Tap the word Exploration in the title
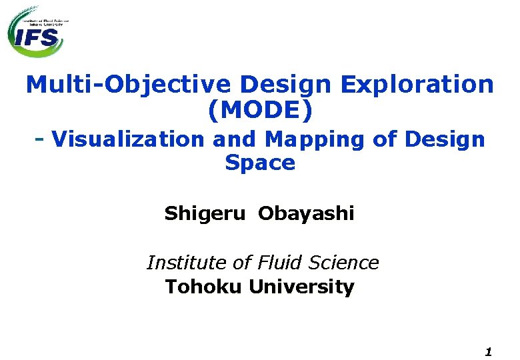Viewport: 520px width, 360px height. [417, 85]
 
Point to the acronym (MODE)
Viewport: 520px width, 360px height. [259, 111]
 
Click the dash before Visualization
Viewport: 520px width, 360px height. [40, 139]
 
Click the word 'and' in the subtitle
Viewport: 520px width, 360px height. [234, 139]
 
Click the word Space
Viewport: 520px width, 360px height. [259, 163]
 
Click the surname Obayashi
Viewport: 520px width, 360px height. [306, 214]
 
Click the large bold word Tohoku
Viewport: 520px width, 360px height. [204, 287]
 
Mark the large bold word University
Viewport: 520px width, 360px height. [301, 287]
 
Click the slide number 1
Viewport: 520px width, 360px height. [489, 351]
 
